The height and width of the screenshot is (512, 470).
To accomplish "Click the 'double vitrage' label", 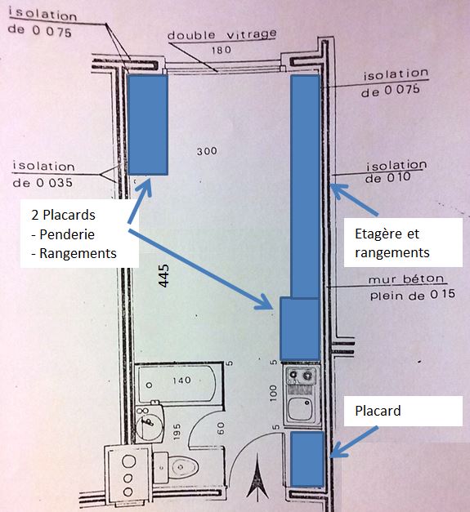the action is coord(222,34).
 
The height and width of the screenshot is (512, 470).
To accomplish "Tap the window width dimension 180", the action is coord(222,50).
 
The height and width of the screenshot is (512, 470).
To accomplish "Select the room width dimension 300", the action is coord(207,151).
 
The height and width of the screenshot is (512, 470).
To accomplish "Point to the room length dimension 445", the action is coord(163,276).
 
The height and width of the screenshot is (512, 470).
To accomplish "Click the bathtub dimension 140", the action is coord(181,380).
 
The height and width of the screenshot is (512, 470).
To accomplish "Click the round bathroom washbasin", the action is coord(148,423).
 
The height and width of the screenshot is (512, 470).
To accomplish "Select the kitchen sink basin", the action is coord(301,408).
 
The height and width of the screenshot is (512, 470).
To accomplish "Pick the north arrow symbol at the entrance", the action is coord(257,478).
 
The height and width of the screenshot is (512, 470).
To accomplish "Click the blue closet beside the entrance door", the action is coord(307,459).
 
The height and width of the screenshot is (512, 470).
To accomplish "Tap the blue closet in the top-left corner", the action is coord(148,125).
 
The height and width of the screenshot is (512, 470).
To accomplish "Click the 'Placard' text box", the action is coord(403,411).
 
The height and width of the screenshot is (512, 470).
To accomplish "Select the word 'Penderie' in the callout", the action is coord(67,234).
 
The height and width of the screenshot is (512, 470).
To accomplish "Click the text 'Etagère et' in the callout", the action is coord(387,234).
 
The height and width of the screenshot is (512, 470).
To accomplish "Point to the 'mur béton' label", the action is coord(406,279).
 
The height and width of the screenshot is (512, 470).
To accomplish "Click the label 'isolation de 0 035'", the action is coord(43,175).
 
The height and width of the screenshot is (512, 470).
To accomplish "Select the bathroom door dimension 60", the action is coord(221,428).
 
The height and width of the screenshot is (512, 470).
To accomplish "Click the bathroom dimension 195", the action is coord(177,432).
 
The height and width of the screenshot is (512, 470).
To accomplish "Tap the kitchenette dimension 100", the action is coord(273,393).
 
